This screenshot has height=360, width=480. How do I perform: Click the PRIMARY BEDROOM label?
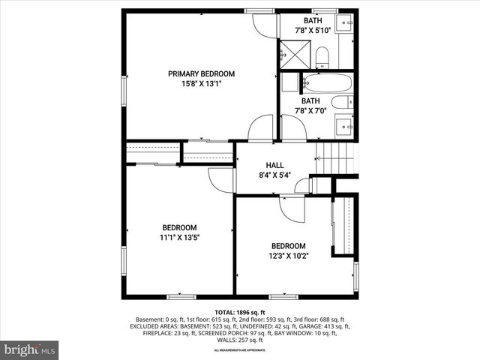pos(201,73)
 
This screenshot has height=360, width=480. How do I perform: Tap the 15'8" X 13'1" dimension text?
pos(201,84)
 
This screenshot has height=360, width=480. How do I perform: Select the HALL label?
pos(274,165)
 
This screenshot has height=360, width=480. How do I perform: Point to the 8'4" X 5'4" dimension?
pos(274,175)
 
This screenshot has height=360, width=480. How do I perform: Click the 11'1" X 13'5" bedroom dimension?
pos(179,238)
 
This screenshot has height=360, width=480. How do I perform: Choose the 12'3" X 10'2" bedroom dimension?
pos(289,256)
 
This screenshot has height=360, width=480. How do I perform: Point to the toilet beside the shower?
pos(322,57)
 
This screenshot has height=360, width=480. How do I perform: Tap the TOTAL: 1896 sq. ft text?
pos(239,311)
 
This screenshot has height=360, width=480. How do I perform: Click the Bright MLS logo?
pos(30,349)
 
